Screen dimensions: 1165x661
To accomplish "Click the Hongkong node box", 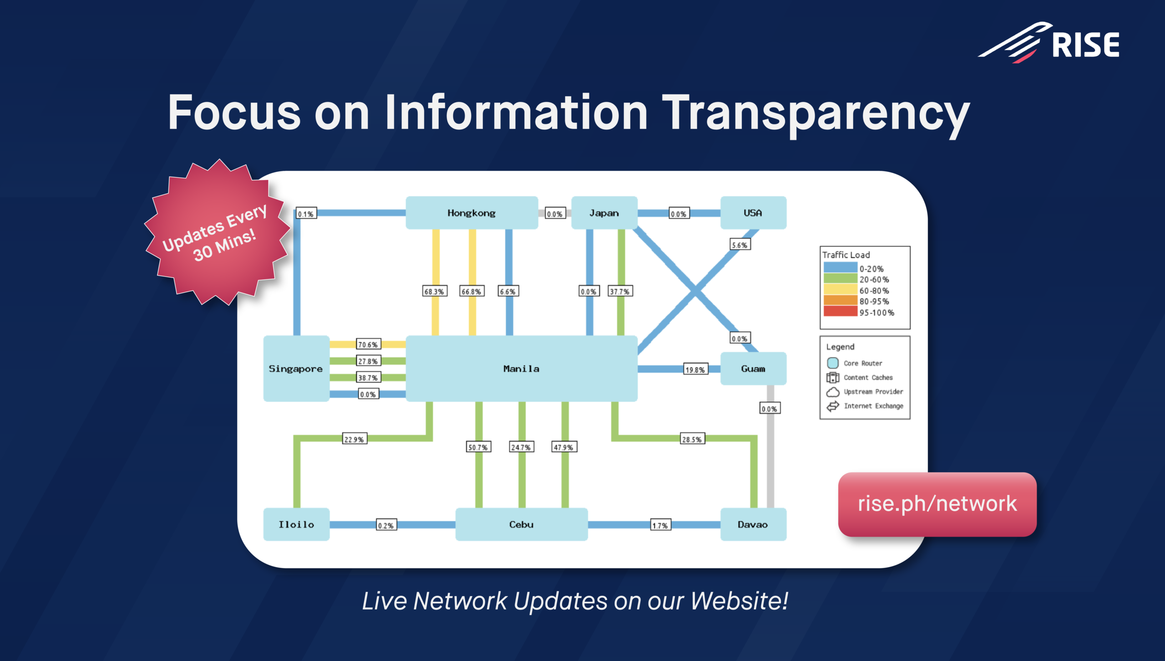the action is tap(471, 213).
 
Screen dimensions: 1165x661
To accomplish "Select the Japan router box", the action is tap(604, 213).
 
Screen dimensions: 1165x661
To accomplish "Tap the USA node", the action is tap(753, 213).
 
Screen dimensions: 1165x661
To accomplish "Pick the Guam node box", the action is tap(753, 369).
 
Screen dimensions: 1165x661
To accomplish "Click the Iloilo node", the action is tap(296, 524).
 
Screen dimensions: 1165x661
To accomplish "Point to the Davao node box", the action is tap(753, 524).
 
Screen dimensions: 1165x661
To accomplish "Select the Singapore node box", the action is tap(296, 369).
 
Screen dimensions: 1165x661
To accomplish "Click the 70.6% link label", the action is tap(368, 344).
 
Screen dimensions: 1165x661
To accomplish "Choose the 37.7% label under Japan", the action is tap(620, 291).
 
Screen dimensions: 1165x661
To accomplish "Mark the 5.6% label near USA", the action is tap(740, 245).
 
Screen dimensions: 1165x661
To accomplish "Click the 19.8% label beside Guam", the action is tap(696, 369).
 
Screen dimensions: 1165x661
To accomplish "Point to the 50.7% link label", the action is tap(479, 447).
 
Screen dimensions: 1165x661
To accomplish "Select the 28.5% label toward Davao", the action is tap(692, 439).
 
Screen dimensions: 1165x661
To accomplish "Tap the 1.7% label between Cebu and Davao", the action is tap(660, 525).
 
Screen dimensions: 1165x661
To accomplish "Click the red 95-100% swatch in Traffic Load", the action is tap(841, 312).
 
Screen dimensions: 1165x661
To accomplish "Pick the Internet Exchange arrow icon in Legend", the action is tap(833, 406).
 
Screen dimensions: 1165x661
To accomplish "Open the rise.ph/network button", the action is tap(937, 504).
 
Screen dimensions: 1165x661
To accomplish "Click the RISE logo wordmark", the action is tap(1086, 45).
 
